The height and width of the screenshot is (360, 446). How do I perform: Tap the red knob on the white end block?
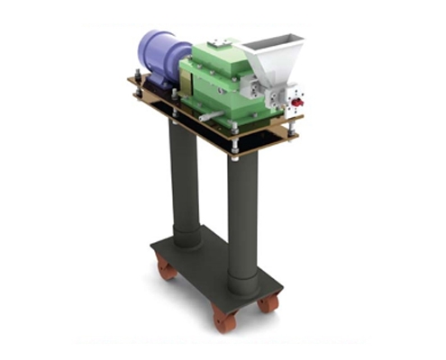point(296,102)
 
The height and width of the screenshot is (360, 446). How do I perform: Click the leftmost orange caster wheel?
point(165,266)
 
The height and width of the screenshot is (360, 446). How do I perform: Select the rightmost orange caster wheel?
point(268,303)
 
